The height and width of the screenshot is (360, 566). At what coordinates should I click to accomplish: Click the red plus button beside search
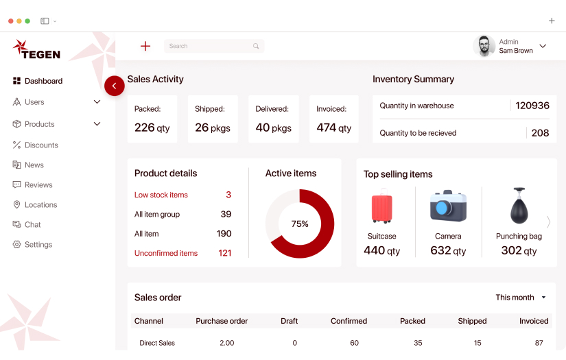tap(145, 46)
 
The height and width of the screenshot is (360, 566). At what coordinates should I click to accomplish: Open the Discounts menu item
tap(41, 145)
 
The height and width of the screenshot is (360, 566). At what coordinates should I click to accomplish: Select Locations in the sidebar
tap(40, 204)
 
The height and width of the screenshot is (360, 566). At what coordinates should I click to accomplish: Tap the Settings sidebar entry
tap(38, 244)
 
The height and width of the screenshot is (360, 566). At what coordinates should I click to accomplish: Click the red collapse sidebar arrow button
tap(114, 86)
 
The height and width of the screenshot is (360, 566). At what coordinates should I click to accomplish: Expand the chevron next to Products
tap(97, 124)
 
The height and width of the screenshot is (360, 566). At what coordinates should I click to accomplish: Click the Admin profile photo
tap(484, 46)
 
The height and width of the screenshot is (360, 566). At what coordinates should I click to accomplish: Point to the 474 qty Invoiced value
tap(334, 128)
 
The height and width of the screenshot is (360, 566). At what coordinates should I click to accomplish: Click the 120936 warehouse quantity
tap(532, 106)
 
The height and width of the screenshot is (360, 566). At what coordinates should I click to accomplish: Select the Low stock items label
tap(161, 195)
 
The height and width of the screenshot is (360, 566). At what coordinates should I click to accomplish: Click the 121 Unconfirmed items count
tap(225, 253)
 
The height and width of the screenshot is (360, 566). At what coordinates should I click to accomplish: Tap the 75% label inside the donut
tap(300, 224)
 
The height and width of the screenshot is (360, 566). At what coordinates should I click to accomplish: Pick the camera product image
tap(448, 206)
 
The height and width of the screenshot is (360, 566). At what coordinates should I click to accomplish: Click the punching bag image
tap(519, 205)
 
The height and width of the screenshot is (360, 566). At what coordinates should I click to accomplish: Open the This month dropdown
tap(521, 298)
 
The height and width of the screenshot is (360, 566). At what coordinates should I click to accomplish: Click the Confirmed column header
tap(349, 321)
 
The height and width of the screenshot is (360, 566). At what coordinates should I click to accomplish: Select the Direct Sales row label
tap(157, 343)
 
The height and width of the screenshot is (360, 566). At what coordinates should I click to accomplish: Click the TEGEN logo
tap(37, 49)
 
